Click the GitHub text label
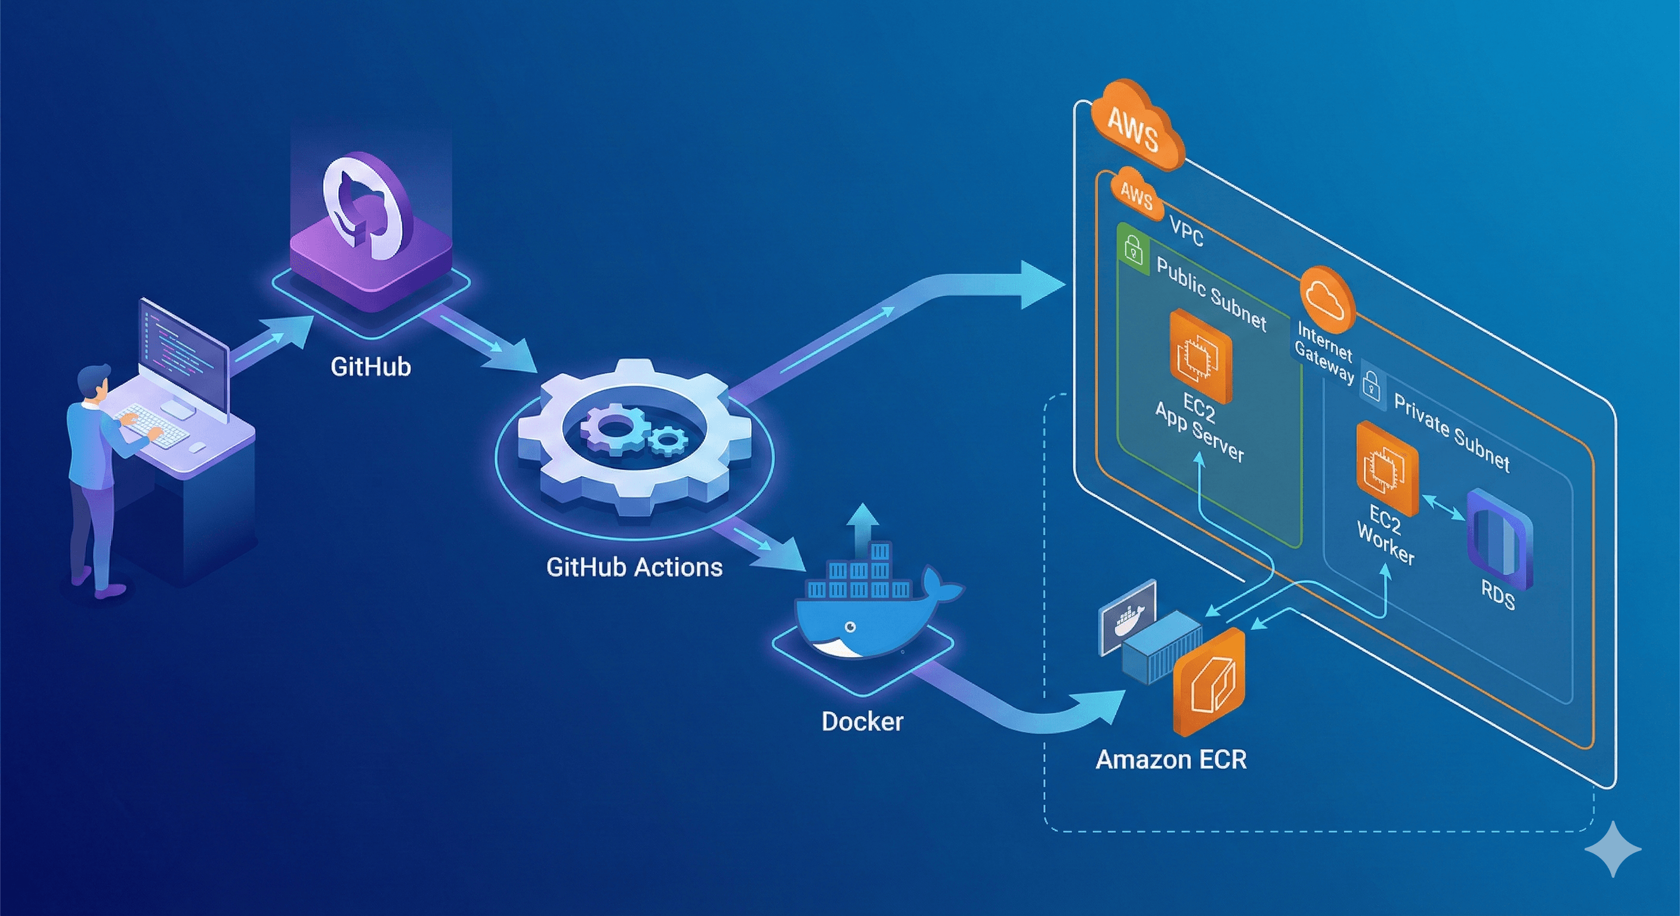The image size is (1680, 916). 370,366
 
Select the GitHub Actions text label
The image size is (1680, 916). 634,567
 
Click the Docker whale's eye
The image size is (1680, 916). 850,627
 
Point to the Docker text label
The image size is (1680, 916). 862,722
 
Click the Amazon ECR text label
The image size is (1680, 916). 1171,760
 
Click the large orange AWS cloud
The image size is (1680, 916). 1136,127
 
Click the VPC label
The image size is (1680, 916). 1186,231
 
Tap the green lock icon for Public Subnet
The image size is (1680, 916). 1134,250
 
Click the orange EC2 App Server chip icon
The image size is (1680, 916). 1200,356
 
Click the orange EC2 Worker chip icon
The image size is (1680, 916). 1387,469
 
